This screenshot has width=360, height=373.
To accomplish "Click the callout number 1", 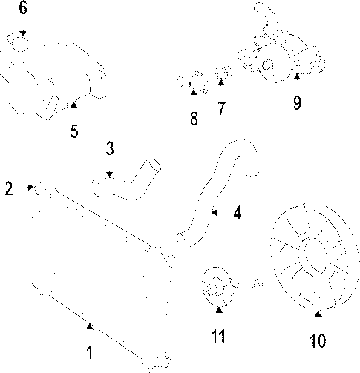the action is coord(90,352).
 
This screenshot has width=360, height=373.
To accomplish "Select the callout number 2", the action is coord(9,188).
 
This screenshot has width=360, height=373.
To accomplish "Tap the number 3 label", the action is coord(110,148).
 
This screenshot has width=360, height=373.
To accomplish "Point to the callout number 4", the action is coord(238,213).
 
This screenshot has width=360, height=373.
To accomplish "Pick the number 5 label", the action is coord(74,131).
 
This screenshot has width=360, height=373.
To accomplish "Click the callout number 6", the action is coord(23,7).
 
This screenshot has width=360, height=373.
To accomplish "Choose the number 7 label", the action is coord(221,108).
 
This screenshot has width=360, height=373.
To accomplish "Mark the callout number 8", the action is coord(194,119).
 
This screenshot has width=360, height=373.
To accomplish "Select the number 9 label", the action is coord(297,103).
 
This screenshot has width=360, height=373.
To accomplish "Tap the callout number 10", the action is coord(318,341).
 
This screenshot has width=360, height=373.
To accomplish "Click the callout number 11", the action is coord(218,337).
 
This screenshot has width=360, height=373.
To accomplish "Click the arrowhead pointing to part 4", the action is coord(215,212).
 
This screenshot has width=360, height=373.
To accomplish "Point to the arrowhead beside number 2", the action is coord(30,187).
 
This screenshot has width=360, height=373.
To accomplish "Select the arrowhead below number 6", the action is coord(23,33).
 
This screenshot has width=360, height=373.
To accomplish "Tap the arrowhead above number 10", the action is coord(318,314).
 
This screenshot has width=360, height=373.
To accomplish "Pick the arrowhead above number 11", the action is coord(219,310).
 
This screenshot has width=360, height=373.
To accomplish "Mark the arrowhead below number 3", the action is coord(110,175).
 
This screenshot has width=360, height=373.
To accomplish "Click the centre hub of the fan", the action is coord(314,254).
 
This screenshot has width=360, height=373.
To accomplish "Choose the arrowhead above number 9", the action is coord(297,77).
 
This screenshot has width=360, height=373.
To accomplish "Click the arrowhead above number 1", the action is coord(90,326).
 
